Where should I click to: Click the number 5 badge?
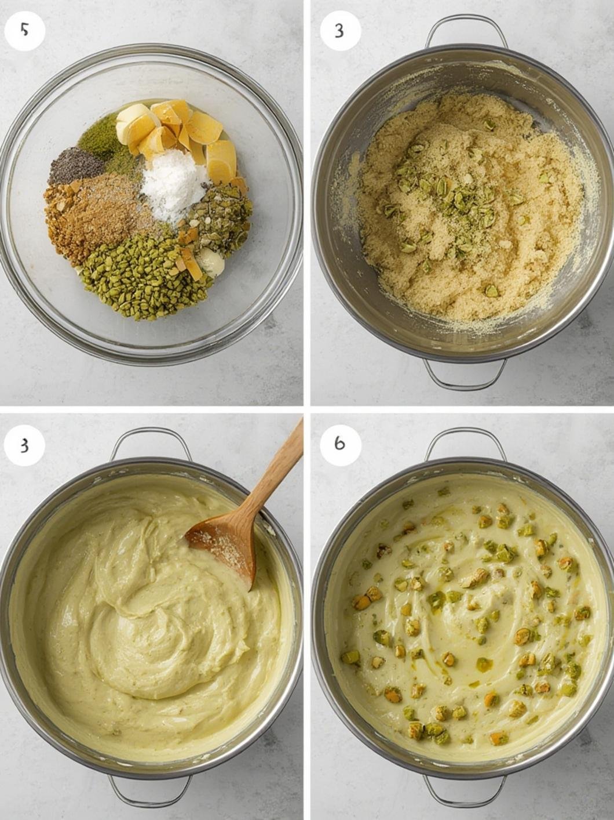tap(24, 30)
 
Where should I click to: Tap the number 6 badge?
tap(340, 444)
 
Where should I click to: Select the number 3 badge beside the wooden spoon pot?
tap(24, 445)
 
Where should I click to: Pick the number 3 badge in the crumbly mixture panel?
tap(340, 30)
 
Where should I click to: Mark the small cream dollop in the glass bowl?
tap(212, 264)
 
